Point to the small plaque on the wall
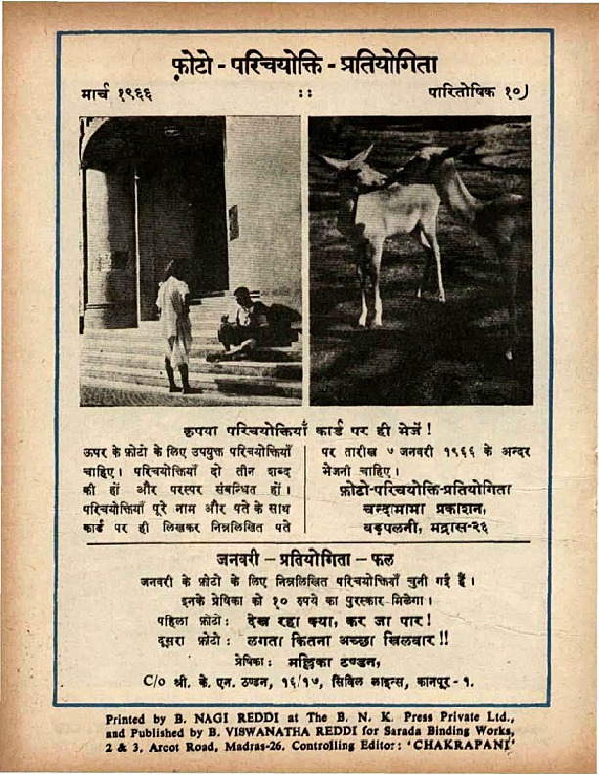tap(234, 221)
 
